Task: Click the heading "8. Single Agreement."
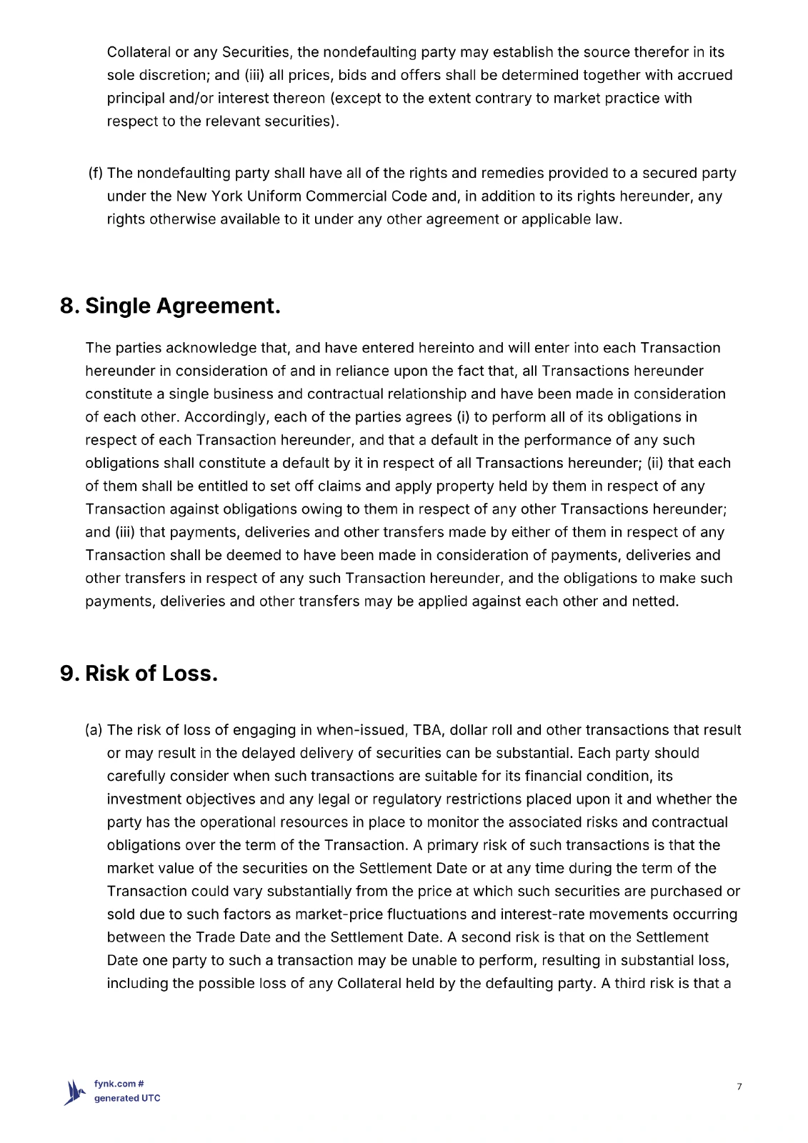(170, 306)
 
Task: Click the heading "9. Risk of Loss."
(139, 673)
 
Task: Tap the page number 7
(739, 1087)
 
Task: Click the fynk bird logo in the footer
(76, 1092)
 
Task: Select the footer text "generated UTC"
(127, 1098)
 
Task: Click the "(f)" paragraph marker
(96, 173)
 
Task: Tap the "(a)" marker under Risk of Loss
(94, 730)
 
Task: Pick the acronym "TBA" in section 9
(427, 730)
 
